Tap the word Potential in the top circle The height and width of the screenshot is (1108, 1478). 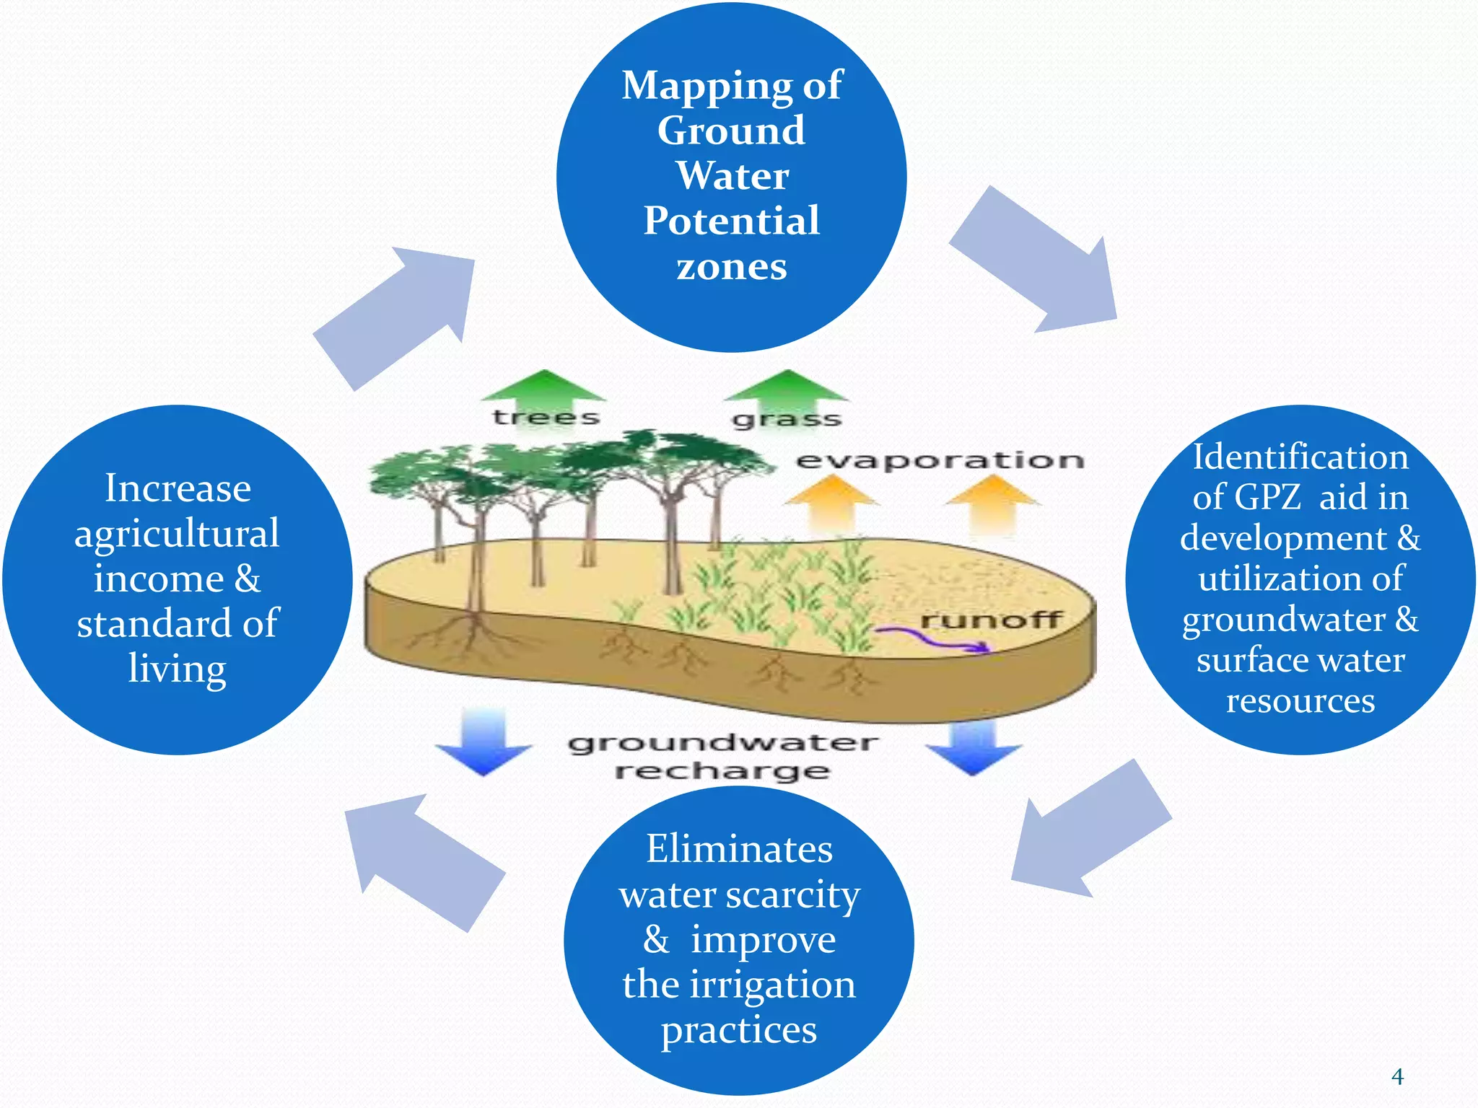pyautogui.click(x=731, y=221)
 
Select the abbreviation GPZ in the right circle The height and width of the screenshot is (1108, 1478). pyautogui.click(x=1267, y=498)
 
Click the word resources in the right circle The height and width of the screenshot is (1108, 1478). pyautogui.click(x=1300, y=700)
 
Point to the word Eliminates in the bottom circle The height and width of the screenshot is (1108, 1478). pyautogui.click(x=739, y=849)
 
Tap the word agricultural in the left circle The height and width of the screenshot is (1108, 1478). pyautogui.click(x=177, y=535)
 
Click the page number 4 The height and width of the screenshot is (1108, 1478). pyautogui.click(x=1397, y=1077)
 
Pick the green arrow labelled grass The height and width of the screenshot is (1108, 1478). pyautogui.click(x=786, y=393)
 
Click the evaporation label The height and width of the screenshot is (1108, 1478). pyautogui.click(x=940, y=460)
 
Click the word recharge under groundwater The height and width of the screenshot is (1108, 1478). pyautogui.click(x=722, y=772)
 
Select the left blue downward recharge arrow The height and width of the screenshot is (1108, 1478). pyautogui.click(x=484, y=743)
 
